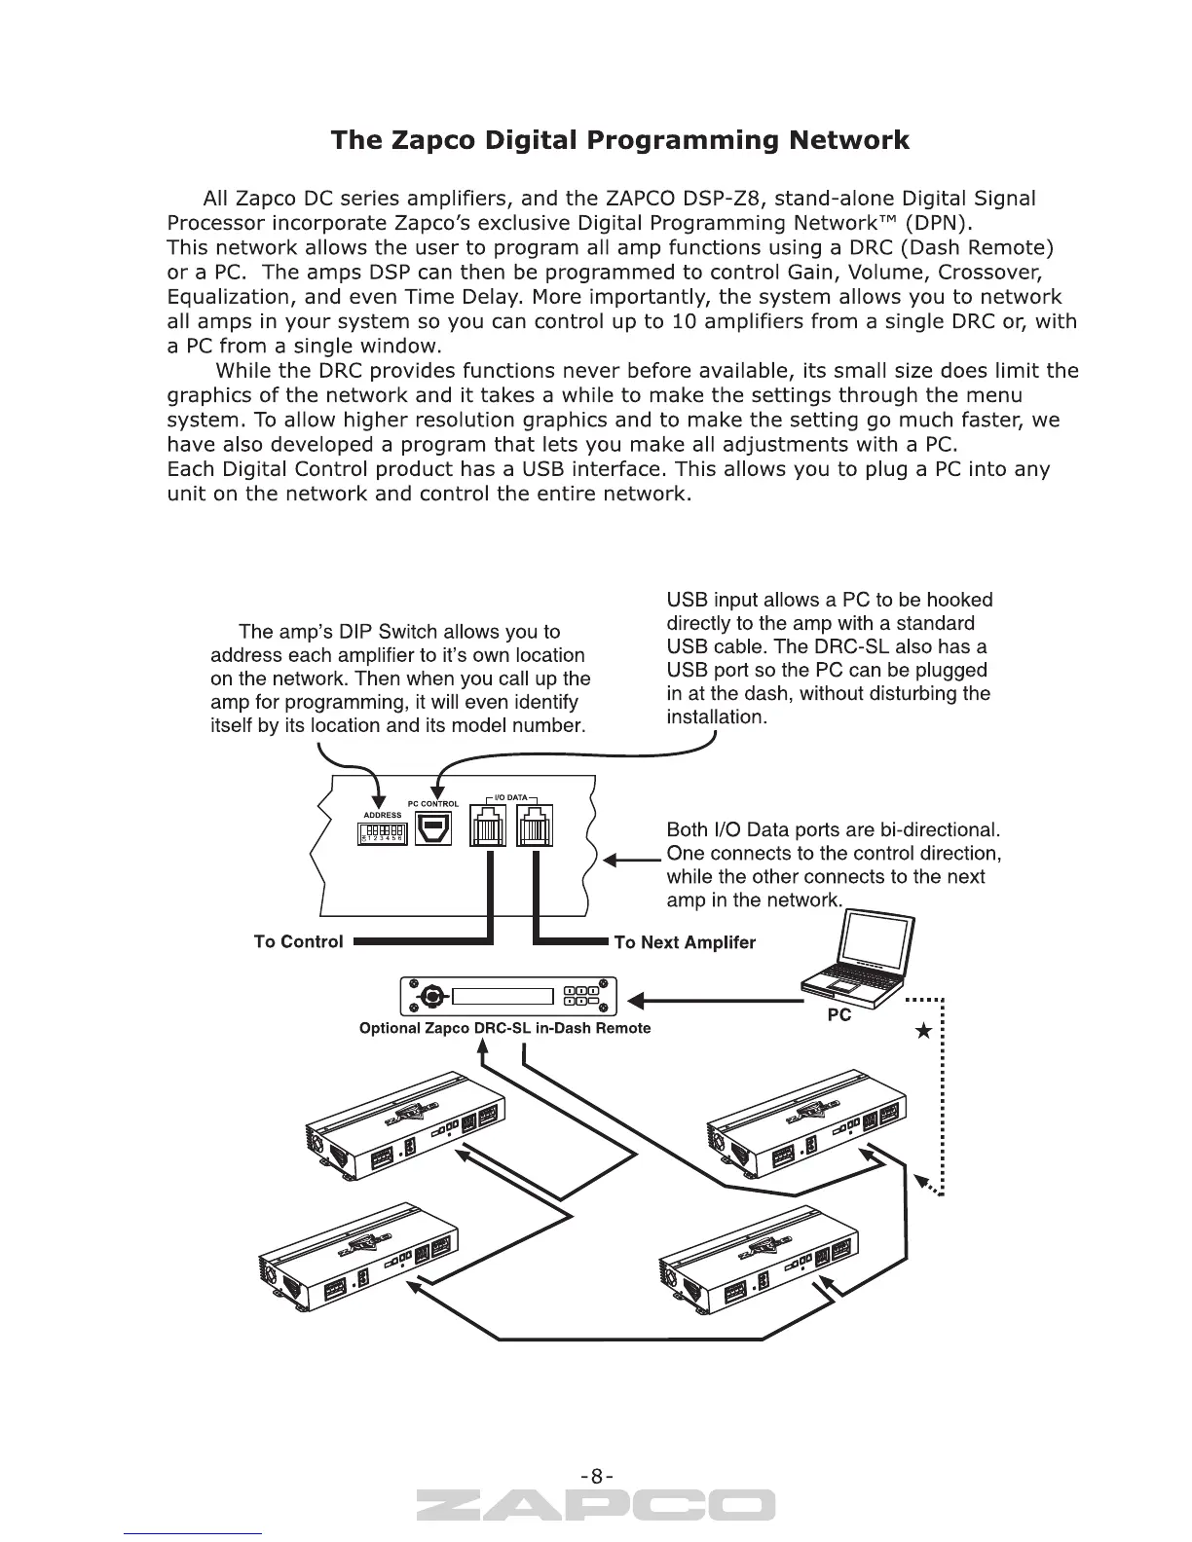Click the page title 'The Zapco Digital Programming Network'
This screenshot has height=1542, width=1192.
tap(619, 140)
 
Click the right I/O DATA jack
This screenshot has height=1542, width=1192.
tap(534, 828)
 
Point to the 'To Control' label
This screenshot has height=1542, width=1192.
tap(298, 941)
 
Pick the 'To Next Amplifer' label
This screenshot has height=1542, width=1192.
tap(685, 942)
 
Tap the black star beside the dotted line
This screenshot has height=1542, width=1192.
tap(924, 1033)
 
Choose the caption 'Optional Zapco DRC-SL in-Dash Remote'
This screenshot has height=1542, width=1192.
tap(504, 1028)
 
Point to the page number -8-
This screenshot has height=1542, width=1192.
tap(596, 1476)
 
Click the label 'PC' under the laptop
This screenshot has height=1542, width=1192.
tap(838, 1015)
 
